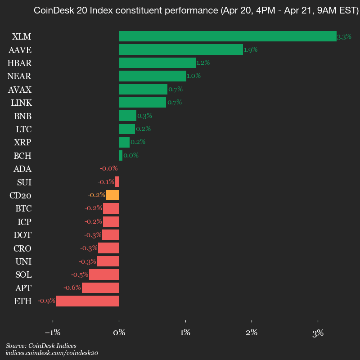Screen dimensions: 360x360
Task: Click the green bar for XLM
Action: [x=227, y=36]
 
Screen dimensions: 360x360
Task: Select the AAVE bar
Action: [x=180, y=49]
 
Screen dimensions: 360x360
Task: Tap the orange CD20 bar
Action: [x=112, y=195]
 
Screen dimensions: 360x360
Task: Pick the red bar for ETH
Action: [x=87, y=301]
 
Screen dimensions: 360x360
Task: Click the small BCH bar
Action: [x=121, y=156]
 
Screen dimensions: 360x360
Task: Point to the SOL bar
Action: [x=104, y=274]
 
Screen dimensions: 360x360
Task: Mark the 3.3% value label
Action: [x=344, y=37]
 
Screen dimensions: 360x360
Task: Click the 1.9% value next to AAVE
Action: [x=251, y=50]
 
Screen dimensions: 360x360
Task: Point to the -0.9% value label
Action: [x=46, y=301]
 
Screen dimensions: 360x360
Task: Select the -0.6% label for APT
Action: [x=72, y=288]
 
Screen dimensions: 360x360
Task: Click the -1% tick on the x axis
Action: [x=53, y=333]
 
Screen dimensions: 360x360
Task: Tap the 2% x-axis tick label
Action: [x=252, y=333]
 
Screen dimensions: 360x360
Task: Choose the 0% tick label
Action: [x=119, y=333]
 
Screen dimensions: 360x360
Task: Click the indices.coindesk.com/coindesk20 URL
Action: [x=52, y=353]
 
